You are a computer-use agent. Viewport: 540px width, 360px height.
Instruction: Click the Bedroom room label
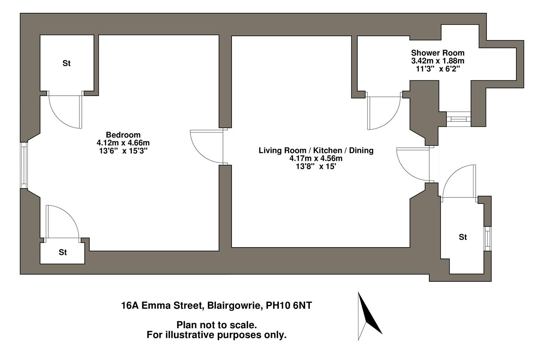pos(123,135)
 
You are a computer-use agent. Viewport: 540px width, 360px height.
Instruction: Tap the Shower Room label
pos(437,53)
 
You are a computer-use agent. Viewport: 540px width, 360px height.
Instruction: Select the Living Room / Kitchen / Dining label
pos(316,150)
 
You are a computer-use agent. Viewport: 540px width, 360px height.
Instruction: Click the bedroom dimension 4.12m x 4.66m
pos(123,143)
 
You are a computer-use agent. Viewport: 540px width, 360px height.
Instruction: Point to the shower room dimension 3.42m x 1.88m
pos(437,61)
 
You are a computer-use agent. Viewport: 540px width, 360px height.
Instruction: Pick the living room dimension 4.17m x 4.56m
pos(316,158)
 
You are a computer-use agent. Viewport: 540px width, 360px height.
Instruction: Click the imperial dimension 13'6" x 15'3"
pos(123,151)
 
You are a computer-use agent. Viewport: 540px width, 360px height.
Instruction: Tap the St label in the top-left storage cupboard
pos(66,64)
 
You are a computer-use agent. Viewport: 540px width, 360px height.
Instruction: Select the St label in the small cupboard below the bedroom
pos(63,252)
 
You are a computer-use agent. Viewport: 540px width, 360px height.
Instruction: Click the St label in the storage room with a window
pos(463,237)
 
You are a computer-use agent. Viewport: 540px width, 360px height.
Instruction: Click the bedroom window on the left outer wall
pos(24,165)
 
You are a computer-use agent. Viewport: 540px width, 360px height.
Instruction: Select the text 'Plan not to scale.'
pos(217,325)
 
